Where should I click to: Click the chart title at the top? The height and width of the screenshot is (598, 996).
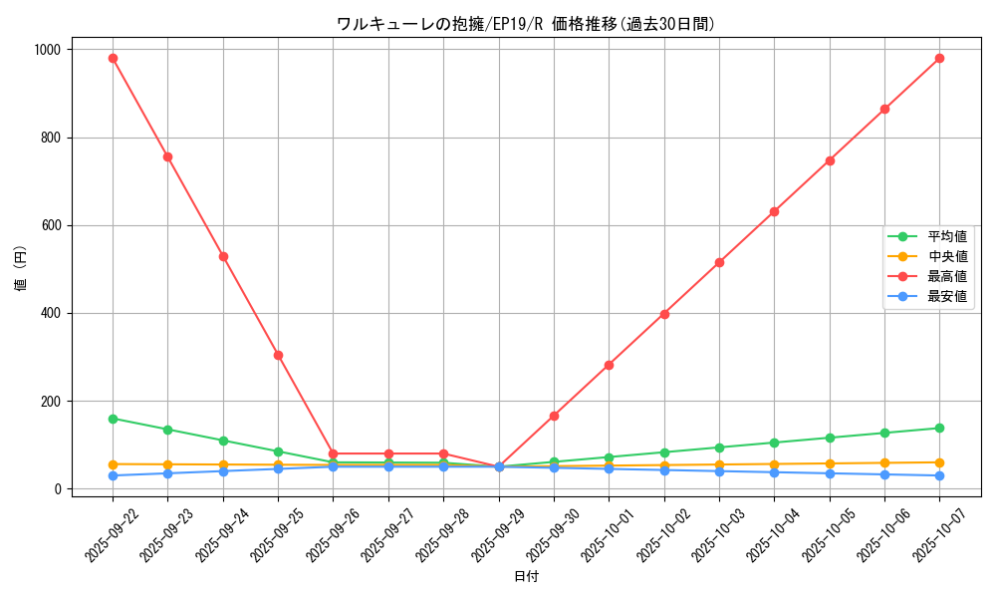pyautogui.click(x=526, y=24)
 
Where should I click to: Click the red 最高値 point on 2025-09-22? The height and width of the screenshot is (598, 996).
pyautogui.click(x=113, y=58)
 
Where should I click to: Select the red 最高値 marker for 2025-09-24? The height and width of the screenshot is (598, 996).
pyautogui.click(x=223, y=256)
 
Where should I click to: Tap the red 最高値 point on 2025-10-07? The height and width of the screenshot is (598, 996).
pyautogui.click(x=939, y=58)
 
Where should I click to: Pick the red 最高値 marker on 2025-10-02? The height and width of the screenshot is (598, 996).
pyautogui.click(x=664, y=314)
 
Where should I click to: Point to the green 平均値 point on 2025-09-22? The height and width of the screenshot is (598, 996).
pyautogui.click(x=113, y=419)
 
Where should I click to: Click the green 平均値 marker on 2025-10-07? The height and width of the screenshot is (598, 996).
pyautogui.click(x=939, y=429)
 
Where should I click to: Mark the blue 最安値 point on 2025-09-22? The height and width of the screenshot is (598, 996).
pyautogui.click(x=113, y=475)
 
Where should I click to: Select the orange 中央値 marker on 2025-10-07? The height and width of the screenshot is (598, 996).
pyautogui.click(x=939, y=462)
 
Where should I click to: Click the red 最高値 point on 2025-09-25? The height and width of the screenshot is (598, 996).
pyautogui.click(x=278, y=355)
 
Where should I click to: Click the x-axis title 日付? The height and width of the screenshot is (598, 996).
pyautogui.click(x=526, y=577)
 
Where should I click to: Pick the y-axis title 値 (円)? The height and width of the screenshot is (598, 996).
pyautogui.click(x=21, y=269)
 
